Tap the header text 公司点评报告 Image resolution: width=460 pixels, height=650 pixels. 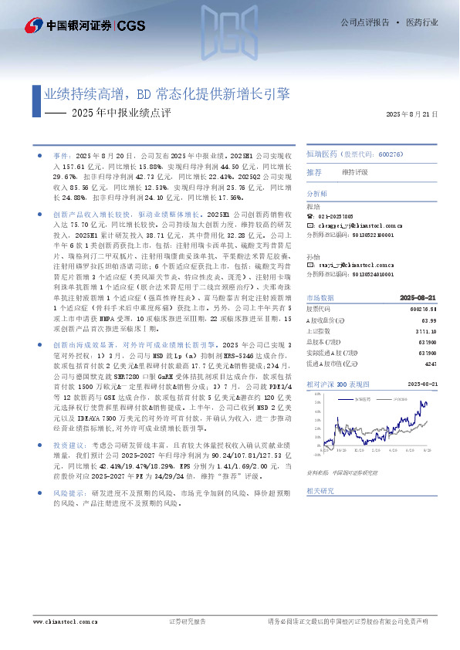[364, 23]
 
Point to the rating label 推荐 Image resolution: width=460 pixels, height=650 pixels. [313, 172]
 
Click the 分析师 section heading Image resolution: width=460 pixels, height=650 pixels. [317, 194]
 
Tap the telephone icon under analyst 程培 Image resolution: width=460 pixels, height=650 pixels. [310, 217]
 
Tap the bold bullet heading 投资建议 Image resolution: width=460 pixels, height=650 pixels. [66, 445]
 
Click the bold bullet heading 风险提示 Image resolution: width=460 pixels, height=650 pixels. [66, 491]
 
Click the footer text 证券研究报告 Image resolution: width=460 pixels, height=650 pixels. [188, 621]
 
